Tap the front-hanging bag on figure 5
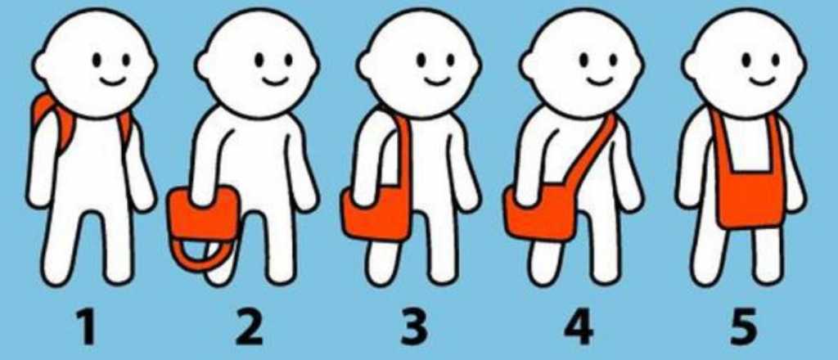[x=749, y=200]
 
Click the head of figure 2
[x=259, y=61]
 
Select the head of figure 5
[x=746, y=61]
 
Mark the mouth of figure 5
[x=763, y=80]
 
